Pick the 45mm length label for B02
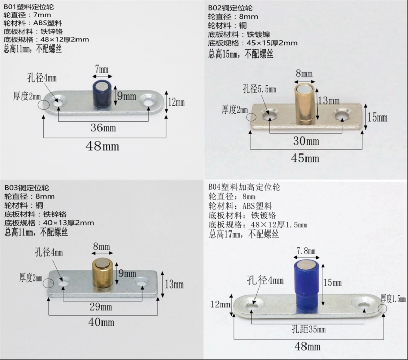[x=305, y=158]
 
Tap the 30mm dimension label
[x=305, y=141]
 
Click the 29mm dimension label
[x=101, y=306]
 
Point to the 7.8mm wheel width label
[x=305, y=250]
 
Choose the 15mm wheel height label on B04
[x=333, y=281]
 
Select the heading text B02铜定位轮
[x=230, y=7]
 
